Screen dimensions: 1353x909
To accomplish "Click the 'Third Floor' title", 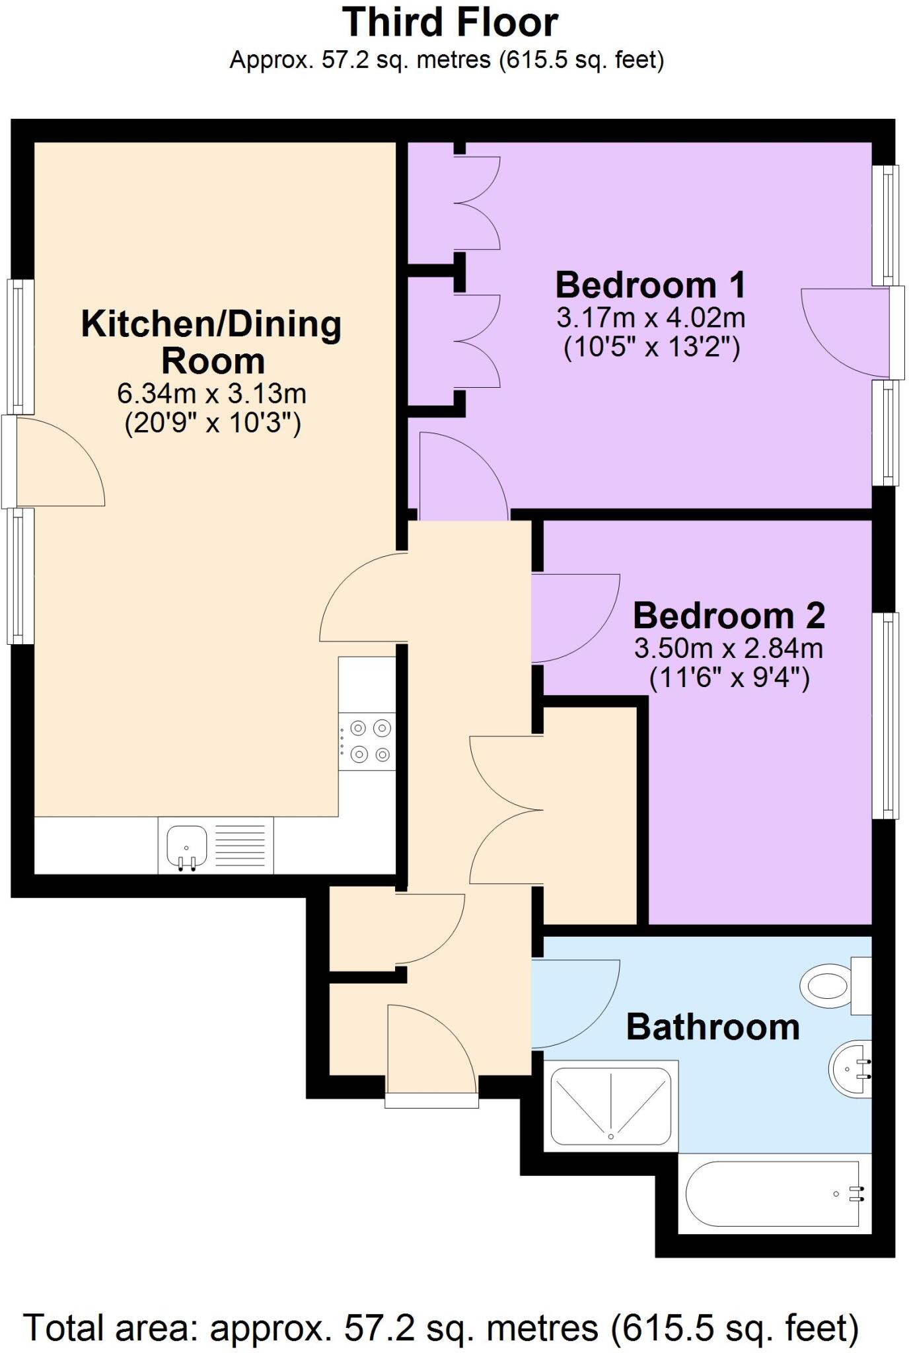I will (450, 22).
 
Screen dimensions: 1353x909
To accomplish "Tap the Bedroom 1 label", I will (651, 285).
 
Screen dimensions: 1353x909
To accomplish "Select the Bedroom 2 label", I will (729, 616).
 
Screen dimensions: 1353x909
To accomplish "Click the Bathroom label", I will (713, 1027).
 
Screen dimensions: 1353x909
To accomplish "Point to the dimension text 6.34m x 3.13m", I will (212, 394).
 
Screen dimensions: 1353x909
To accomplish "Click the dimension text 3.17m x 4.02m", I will (651, 318).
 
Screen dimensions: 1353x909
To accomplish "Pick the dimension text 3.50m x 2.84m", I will (729, 649).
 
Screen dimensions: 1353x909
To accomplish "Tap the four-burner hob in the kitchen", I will (367, 741).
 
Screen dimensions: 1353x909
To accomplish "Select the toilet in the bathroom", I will (826, 986).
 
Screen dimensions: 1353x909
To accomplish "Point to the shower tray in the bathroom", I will (610, 1106).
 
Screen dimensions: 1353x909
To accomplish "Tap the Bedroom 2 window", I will (885, 715).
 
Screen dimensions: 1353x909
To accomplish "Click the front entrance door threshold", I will (431, 1100).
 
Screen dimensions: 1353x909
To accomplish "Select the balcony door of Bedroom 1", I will (896, 333).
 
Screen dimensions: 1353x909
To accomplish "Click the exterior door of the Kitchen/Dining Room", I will (9, 461).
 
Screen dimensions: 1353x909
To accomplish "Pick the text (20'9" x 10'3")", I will (212, 423).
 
